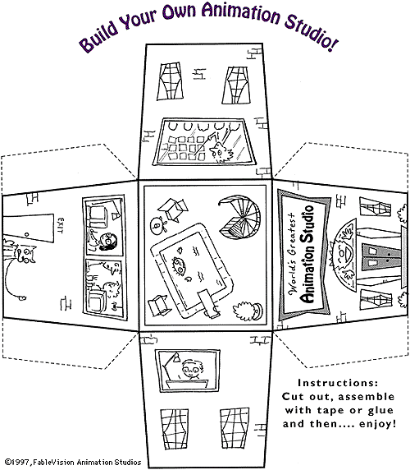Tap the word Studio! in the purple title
point(312,32)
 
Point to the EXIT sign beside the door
point(61,226)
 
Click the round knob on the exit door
point(28,234)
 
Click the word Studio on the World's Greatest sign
point(307,224)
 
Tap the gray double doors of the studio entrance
point(381,256)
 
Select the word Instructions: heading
point(338,383)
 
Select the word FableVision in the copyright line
point(54,463)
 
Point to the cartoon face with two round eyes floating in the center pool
point(179,265)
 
